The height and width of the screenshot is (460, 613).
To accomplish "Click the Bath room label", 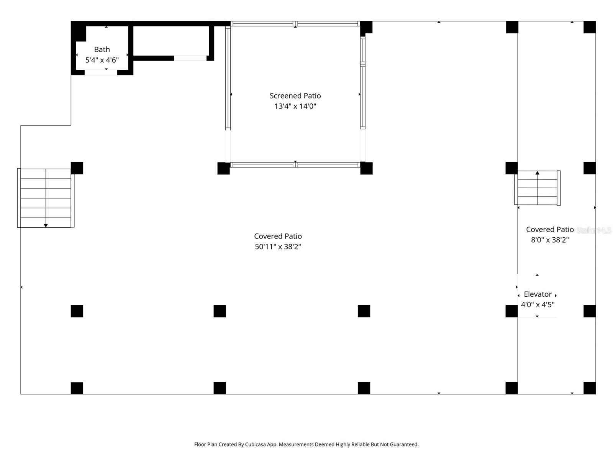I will pos(102,49).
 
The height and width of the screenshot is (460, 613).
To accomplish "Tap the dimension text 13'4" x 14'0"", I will pos(295,106).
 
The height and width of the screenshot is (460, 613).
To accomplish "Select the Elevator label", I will pos(538,294).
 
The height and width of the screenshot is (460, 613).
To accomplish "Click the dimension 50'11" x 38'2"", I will pos(278,246).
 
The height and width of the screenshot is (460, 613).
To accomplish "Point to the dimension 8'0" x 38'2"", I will pos(549,240).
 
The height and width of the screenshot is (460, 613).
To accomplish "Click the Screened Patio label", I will pos(295,96).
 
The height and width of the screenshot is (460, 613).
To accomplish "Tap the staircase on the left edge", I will pos(46,198).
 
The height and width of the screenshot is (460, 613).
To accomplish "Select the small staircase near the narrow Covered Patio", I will pos(537,188).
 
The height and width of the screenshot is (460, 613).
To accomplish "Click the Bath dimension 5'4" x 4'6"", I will pos(102,60).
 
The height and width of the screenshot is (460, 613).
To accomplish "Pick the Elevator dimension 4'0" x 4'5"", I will pos(538,305).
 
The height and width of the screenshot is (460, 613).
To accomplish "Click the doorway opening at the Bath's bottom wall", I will pos(101,72).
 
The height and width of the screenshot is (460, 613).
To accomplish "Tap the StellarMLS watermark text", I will pos(593,230).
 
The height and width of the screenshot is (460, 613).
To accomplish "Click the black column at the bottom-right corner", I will pos(589,388).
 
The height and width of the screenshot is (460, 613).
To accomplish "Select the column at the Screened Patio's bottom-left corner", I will pos(223,168).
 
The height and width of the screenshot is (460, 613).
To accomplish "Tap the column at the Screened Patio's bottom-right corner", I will pos(366,168).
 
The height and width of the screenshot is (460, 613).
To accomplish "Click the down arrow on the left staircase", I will pos(46,225).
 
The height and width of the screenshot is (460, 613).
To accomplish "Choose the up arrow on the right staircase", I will pos(537,173).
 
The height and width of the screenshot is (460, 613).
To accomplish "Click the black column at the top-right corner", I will pos(589,27).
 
